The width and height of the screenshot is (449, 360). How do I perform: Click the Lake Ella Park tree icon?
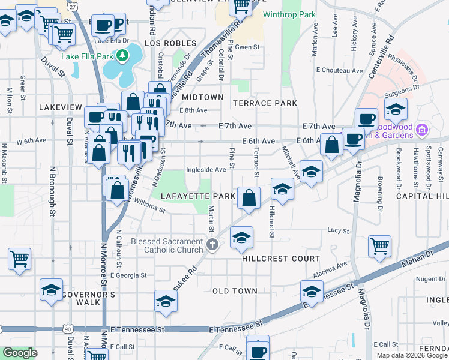123,56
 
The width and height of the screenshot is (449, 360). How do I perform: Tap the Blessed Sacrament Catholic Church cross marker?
212,245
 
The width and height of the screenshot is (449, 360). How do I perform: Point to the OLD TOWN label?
235,291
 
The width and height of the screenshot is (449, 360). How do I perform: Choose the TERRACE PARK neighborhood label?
265,103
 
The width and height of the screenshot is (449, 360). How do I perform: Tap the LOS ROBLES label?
170,43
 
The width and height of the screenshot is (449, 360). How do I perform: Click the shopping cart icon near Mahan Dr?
379,245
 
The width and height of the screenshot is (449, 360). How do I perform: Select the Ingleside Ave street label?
206,170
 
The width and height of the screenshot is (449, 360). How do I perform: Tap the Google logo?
20,353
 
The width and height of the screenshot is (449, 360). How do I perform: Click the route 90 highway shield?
68,329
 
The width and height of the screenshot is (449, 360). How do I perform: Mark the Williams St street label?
149,206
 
